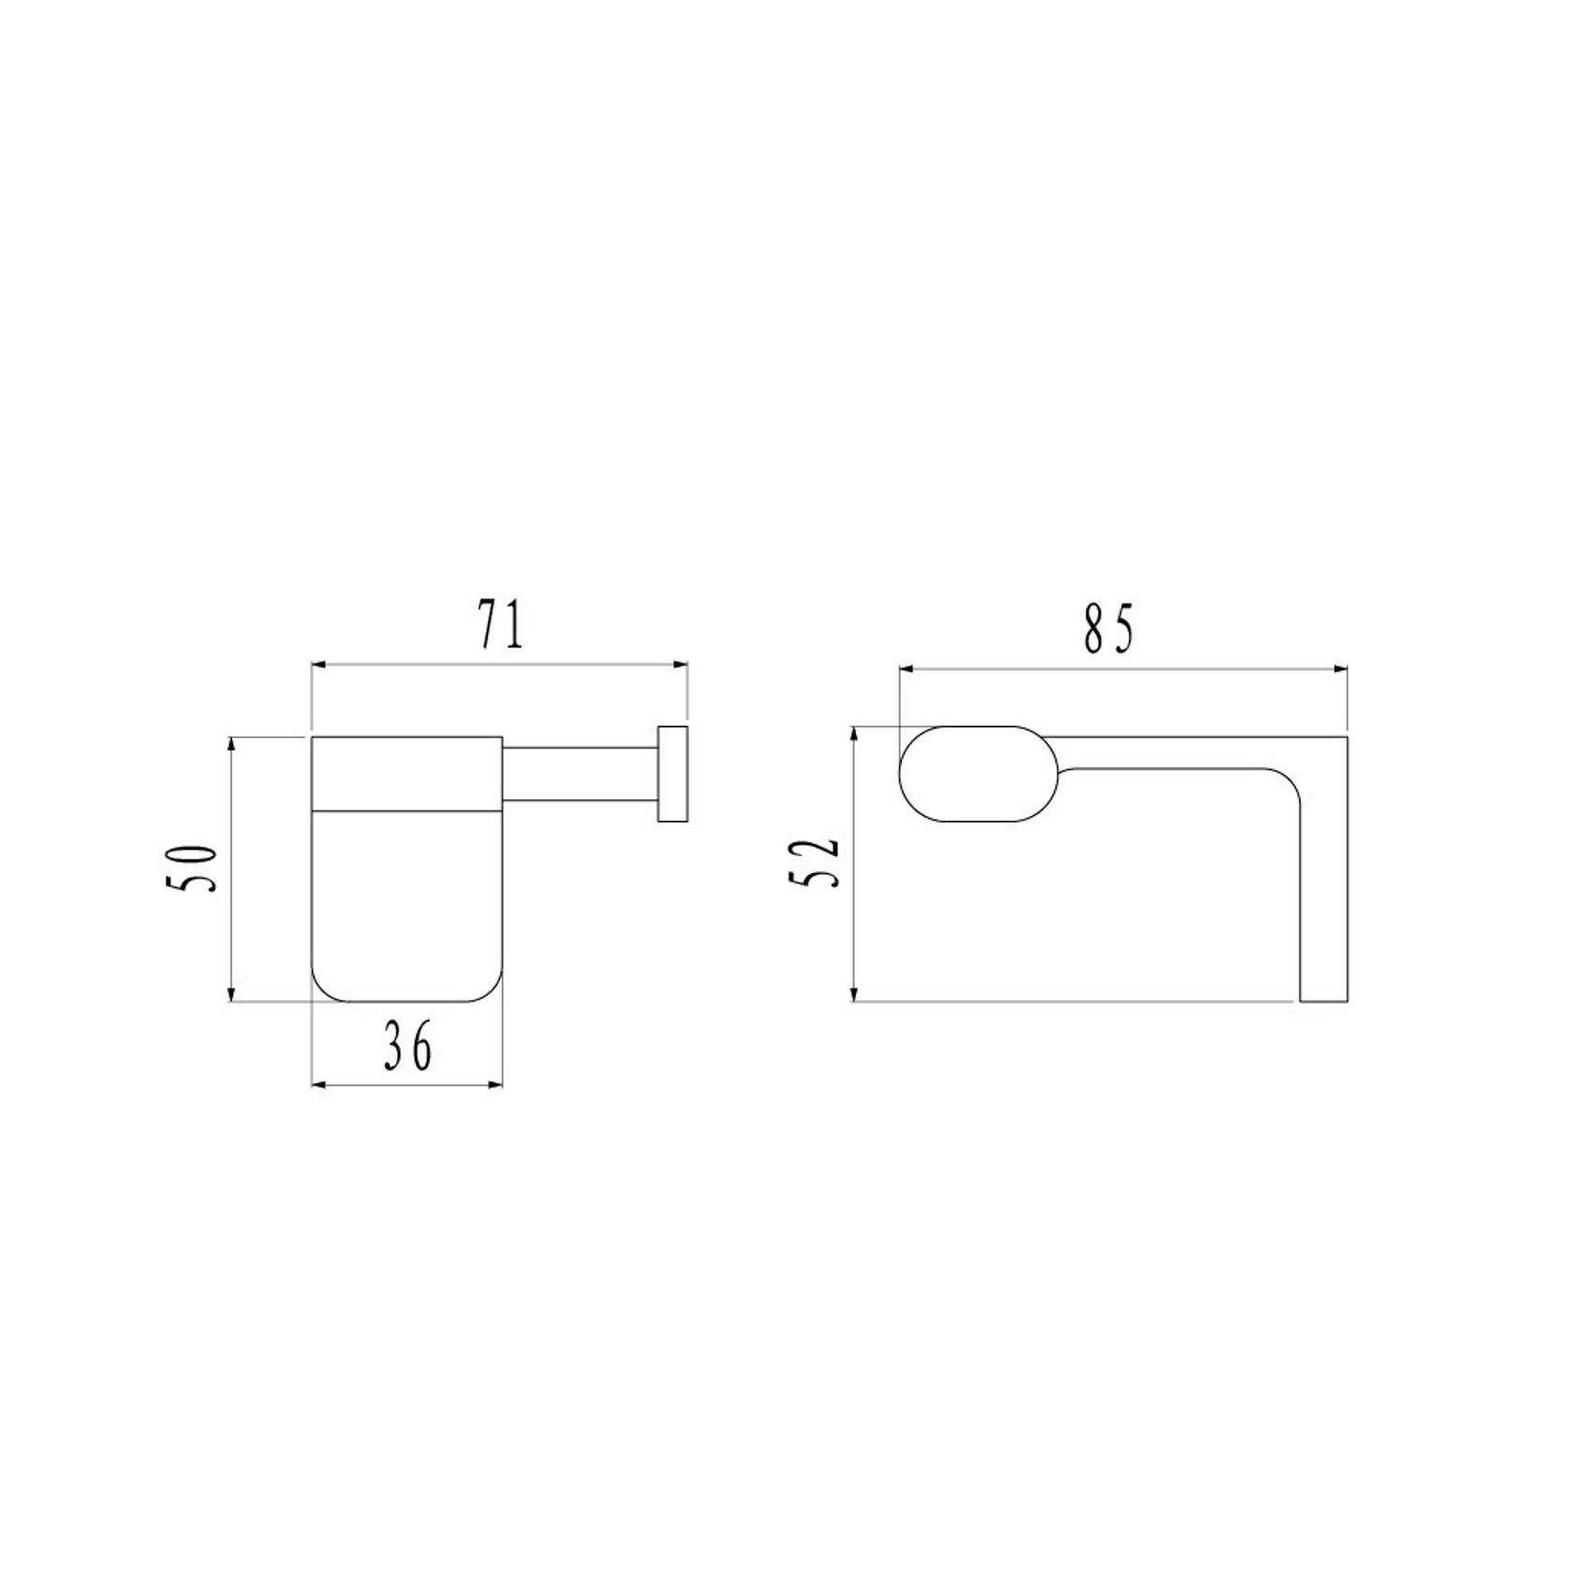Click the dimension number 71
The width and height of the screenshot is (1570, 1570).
(x=500, y=627)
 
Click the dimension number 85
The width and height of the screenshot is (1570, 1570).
(x=1109, y=629)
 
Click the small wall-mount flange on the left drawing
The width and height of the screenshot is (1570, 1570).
(x=673, y=774)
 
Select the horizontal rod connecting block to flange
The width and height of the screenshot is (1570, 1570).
(x=581, y=774)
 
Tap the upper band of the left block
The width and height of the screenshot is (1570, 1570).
(x=407, y=771)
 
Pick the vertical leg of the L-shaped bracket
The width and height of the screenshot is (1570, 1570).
(x=1324, y=899)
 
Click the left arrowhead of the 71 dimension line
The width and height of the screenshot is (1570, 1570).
(x=318, y=665)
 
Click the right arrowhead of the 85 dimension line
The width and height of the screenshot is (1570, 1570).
(x=1340, y=669)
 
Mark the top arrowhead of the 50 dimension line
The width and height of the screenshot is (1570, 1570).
(x=231, y=746)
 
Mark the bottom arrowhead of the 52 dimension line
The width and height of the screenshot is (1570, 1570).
(x=853, y=994)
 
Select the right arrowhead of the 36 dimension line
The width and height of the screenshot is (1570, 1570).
(x=496, y=1085)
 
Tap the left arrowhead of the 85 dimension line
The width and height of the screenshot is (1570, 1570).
(x=907, y=669)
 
